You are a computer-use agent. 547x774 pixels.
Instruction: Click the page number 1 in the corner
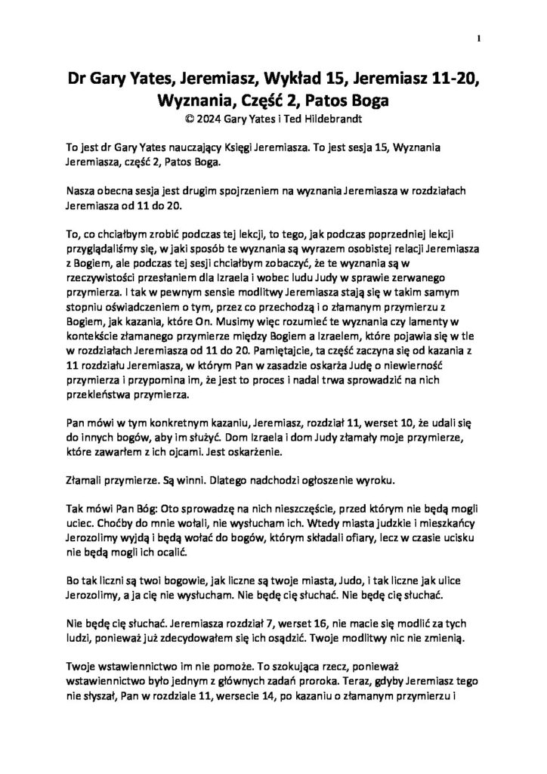pyautogui.click(x=480, y=39)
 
